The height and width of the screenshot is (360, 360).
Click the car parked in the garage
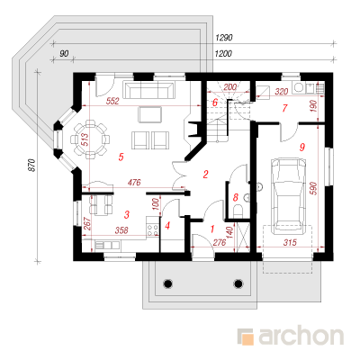pos(288,195)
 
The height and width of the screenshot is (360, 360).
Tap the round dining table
pos(90,139)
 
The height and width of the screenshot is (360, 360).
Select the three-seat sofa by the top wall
pos(148,89)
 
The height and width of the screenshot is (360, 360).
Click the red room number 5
pos(121,157)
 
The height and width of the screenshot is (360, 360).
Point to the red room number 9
pos(302,147)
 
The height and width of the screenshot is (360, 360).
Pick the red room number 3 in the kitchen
pos(127,214)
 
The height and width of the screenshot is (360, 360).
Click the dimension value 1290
pos(224,38)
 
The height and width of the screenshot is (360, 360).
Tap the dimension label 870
pos(32,166)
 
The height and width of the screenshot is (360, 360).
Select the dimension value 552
pos(112,101)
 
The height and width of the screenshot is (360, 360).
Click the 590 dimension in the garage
pos(312,188)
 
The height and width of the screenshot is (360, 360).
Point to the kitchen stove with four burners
pos(152,229)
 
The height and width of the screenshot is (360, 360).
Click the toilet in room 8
pos(238,211)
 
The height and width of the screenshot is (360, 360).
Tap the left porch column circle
pos(167,283)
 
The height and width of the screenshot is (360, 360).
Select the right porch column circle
pos(238,283)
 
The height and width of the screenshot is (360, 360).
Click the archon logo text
pos(301,337)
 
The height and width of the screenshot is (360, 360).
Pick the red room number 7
pos(284,108)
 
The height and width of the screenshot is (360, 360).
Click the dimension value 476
pos(134,183)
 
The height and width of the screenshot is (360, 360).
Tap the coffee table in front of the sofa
pos(150,114)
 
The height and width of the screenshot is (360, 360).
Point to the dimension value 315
pos(290,242)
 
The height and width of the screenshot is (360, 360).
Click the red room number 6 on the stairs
pos(215,103)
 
